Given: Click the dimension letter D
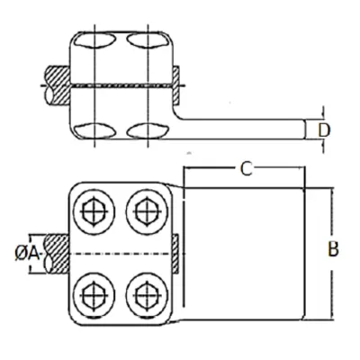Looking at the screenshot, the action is pyautogui.click(x=324, y=130).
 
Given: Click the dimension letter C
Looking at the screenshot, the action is pyautogui.click(x=246, y=169).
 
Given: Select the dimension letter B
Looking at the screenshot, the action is pyautogui.click(x=333, y=249).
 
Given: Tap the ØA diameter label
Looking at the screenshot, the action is pyautogui.click(x=27, y=255).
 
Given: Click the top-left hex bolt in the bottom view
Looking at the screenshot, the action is pyautogui.click(x=94, y=211).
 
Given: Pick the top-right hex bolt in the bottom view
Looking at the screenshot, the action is pyautogui.click(x=147, y=211).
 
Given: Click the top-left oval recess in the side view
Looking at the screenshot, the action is pyautogui.click(x=94, y=40).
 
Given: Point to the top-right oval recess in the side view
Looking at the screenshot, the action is pyautogui.click(x=147, y=40).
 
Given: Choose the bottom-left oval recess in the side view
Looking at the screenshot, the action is pyautogui.click(x=94, y=130).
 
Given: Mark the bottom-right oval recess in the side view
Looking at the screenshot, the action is pyautogui.click(x=147, y=130).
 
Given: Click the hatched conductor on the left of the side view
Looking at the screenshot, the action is pyautogui.click(x=58, y=85).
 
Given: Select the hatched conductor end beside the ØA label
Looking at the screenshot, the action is pyautogui.click(x=57, y=255).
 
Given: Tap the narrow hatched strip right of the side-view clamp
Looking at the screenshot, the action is pyautogui.click(x=175, y=85).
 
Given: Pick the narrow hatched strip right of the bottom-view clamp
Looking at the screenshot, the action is pyautogui.click(x=175, y=255).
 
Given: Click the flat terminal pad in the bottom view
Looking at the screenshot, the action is pyautogui.click(x=244, y=255).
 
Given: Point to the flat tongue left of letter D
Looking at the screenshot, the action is pyautogui.click(x=240, y=130).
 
